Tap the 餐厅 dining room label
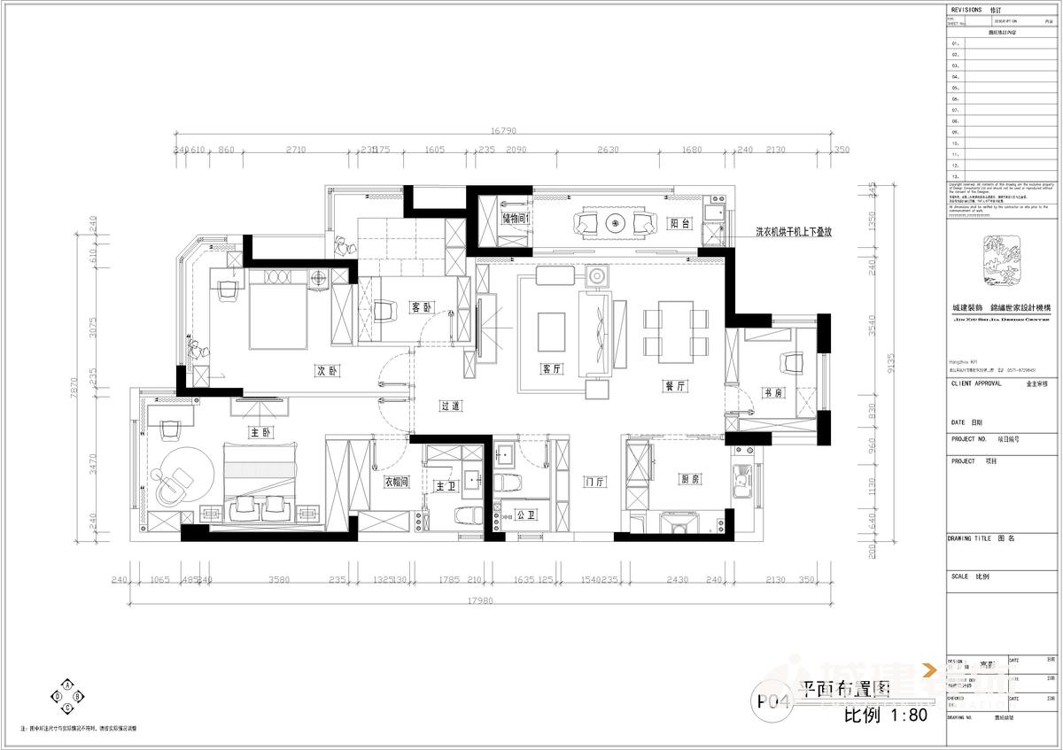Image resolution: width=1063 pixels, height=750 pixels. [677, 386]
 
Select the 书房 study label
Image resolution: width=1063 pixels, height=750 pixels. [772, 392]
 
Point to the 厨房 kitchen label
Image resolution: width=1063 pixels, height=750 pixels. [690, 478]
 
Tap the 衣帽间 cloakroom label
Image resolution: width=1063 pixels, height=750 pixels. [395, 483]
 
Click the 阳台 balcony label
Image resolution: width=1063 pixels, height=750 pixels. [679, 224]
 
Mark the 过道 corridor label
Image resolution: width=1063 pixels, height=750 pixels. [450, 406]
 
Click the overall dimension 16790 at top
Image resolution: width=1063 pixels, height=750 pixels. [503, 131]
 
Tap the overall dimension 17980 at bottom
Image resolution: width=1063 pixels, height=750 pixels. [485, 599]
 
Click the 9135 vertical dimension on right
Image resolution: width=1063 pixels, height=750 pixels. [891, 363]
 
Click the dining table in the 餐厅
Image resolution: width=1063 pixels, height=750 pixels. [675, 331]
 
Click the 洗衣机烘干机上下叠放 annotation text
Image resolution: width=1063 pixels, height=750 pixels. [794, 231]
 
